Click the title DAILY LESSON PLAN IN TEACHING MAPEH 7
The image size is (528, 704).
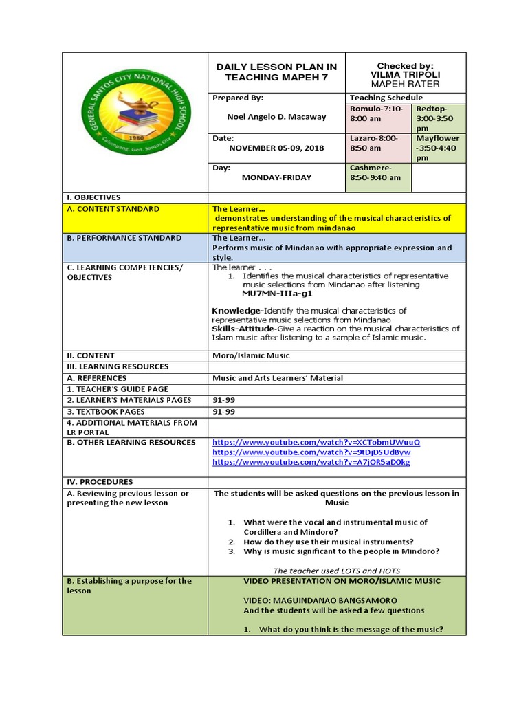point(277,72)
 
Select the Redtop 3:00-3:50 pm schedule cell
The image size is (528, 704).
point(437,118)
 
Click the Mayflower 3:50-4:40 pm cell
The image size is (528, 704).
point(437,148)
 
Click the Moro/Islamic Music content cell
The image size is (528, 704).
point(251,355)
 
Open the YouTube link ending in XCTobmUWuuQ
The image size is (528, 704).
point(316,442)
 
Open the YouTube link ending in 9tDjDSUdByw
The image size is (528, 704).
point(311,452)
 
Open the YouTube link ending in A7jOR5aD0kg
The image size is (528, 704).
point(311,463)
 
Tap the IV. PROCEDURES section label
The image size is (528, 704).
point(100,482)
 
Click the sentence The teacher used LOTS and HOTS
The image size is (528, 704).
point(336,571)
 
